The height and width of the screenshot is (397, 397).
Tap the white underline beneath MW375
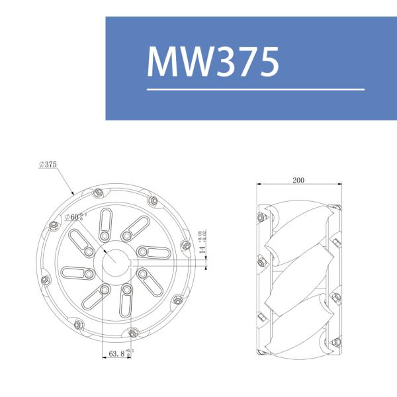255,89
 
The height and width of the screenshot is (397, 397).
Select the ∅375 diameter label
48,163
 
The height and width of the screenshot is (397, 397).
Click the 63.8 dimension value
116,355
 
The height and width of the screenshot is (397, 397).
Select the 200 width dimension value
298,179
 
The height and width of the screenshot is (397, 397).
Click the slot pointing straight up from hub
105,226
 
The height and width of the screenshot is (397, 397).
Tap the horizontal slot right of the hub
154,251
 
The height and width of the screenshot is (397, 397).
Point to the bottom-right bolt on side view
336,342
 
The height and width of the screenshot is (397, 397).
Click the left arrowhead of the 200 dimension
259,183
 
